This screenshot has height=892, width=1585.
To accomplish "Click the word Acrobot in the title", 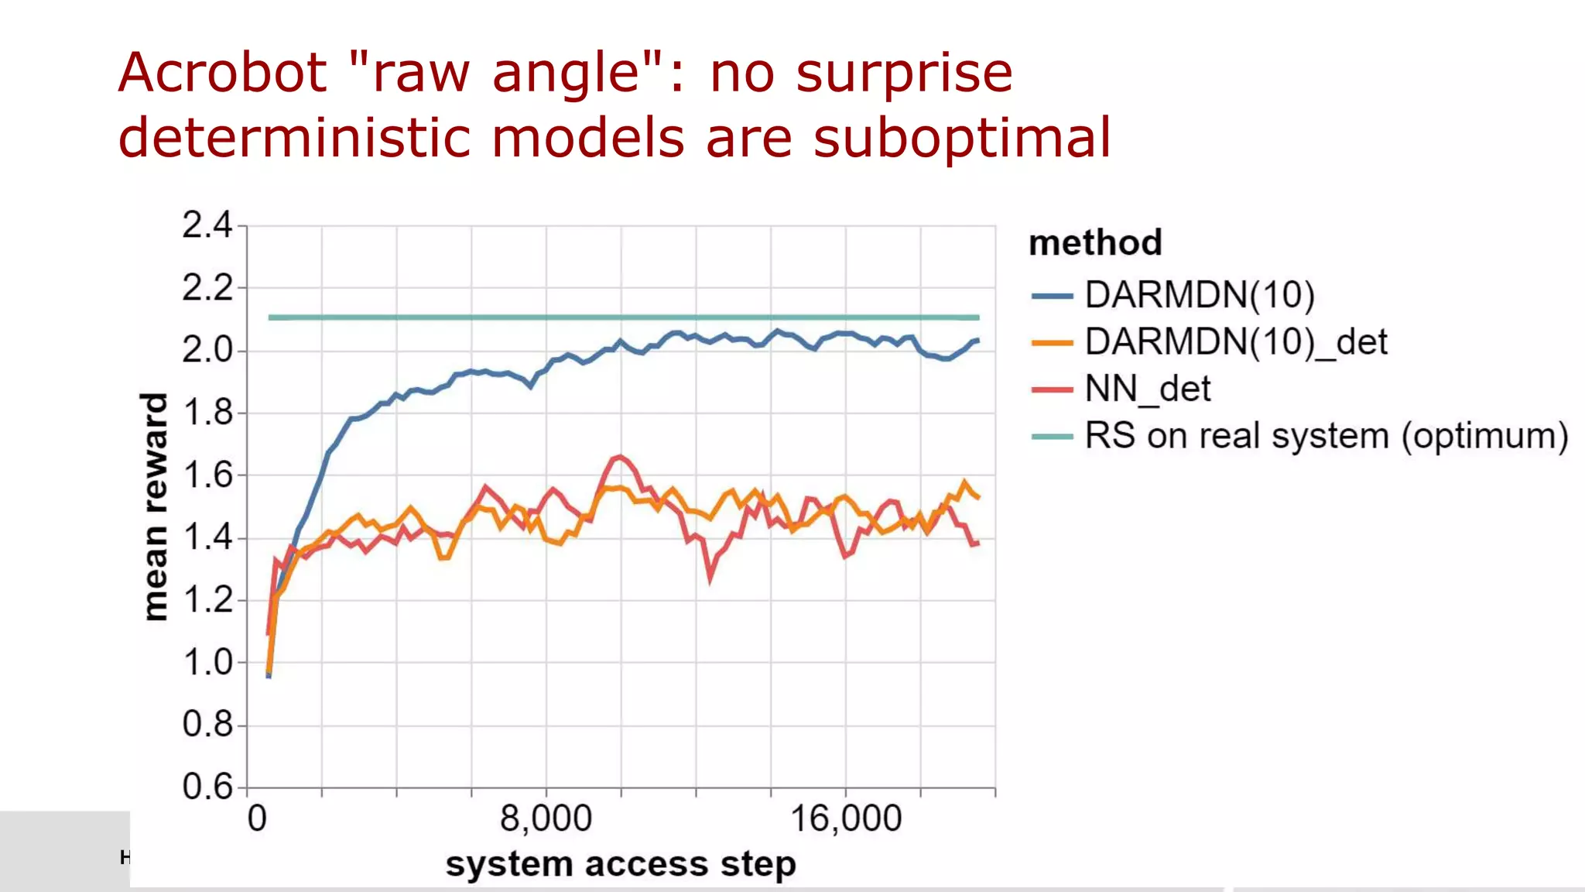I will [x=223, y=74].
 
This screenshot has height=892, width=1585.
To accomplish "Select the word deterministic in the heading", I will [x=294, y=139].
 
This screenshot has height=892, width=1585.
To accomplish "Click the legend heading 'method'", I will [x=1095, y=243].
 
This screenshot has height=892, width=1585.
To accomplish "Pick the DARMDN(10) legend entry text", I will [x=1199, y=296].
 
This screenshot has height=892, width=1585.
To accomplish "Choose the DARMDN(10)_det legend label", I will [x=1235, y=342].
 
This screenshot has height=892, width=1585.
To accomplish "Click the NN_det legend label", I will [x=1147, y=389].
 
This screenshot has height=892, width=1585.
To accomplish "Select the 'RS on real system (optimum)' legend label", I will [x=1326, y=436].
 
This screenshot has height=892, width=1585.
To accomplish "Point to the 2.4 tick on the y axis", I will [x=207, y=225].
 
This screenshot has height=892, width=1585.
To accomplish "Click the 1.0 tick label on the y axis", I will [x=207, y=663].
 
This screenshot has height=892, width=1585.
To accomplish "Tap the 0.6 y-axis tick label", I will [x=207, y=787].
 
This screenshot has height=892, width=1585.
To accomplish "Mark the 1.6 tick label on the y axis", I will [x=207, y=475].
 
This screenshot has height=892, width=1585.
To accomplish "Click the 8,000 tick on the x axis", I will [x=546, y=818].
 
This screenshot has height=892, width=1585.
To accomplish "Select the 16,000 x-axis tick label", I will [x=845, y=818].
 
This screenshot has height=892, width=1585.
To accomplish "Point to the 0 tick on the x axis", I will [x=257, y=818].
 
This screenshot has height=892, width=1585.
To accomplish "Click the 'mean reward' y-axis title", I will [x=156, y=506].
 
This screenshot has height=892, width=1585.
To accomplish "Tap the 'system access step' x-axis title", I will [x=620, y=864].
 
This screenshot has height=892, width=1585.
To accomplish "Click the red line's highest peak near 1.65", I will [x=620, y=457].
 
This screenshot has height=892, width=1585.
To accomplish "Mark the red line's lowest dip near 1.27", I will [x=710, y=577].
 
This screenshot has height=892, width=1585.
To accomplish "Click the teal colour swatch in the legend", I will [x=1053, y=437].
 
